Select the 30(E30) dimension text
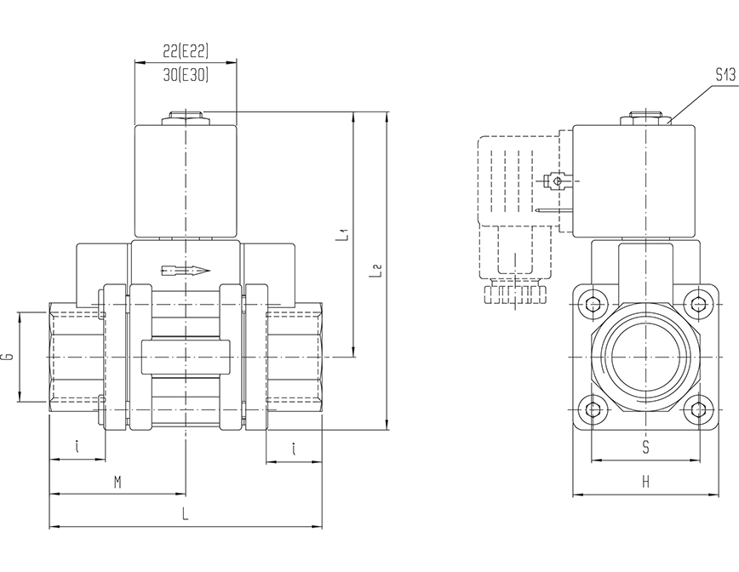point(185,75)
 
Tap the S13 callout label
point(725,75)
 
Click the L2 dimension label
point(375,272)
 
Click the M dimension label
point(117,483)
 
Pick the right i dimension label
point(294,449)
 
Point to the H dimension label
point(646,483)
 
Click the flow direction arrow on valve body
point(185,271)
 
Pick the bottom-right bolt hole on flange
point(699,410)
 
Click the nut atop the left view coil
point(185,117)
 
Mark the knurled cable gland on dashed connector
point(514,295)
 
